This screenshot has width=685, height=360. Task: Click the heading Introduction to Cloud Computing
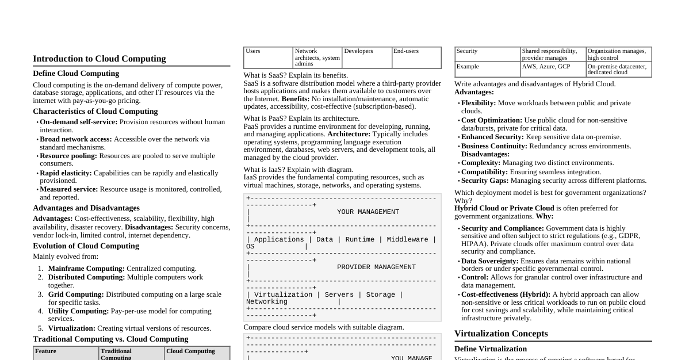coord(99,59)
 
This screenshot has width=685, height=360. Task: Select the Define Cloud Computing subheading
coord(76,74)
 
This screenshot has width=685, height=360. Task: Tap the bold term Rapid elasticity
coord(66,173)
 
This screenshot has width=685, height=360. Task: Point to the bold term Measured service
coord(68,189)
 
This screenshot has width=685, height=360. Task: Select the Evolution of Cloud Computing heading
coord(86,246)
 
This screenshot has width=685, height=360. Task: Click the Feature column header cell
coord(45,351)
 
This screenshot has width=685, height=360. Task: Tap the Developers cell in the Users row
coord(358,51)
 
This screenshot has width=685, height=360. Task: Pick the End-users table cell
coord(406,51)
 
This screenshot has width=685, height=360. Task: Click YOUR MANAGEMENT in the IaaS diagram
coord(368,212)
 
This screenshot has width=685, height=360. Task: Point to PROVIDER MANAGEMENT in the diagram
coord(376,267)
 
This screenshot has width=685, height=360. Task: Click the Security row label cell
coord(466,51)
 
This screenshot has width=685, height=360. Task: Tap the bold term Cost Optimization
coord(492,120)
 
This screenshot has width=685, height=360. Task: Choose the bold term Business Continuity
coord(497,146)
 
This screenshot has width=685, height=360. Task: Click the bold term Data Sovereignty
coord(489,261)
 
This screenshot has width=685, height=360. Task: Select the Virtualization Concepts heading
coord(501,334)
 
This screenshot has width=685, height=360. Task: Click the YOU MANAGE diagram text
coord(411,358)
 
